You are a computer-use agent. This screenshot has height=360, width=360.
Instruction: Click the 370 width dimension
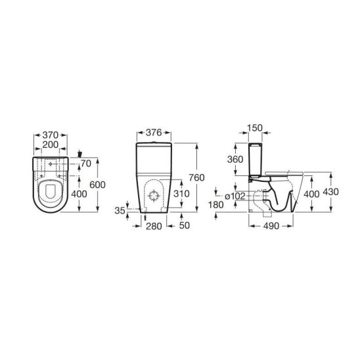point(51,135)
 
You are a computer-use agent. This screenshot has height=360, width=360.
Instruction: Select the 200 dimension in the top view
point(51,145)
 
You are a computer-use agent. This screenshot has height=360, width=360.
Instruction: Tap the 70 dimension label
point(86,164)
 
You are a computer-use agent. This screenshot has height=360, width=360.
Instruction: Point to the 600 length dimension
point(97,185)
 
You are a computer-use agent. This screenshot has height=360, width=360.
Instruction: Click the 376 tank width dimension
point(154,133)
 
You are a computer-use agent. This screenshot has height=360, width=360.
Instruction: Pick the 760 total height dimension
point(196,177)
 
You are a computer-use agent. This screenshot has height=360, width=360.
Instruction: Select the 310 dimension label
point(181,194)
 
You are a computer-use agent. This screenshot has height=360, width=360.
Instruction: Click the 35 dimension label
point(120,210)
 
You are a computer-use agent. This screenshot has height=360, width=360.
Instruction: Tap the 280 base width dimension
point(154,226)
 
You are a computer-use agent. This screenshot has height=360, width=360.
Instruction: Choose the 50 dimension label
point(185,225)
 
